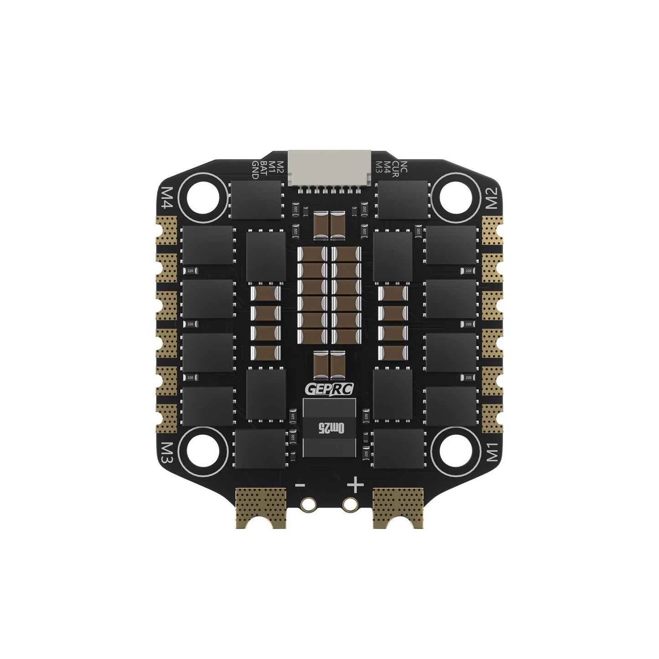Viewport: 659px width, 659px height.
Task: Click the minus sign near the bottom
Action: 301,485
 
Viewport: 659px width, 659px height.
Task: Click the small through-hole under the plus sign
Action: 350,503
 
